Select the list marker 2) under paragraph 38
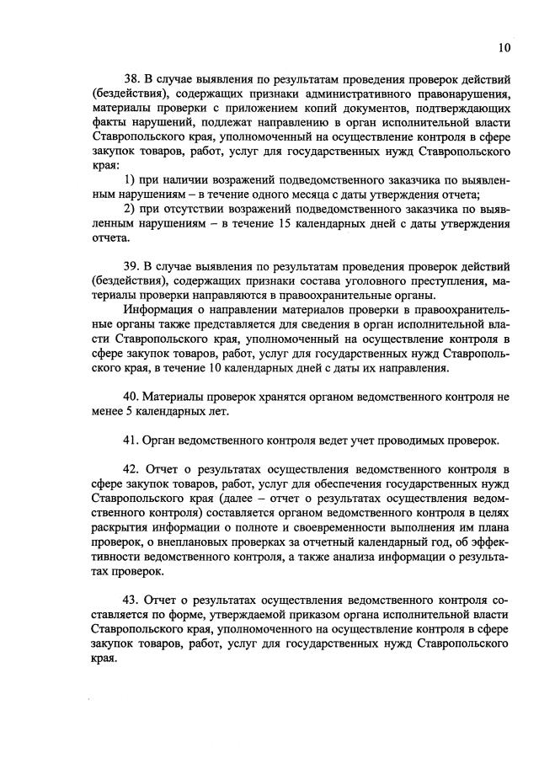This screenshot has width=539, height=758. pyautogui.click(x=130, y=209)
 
